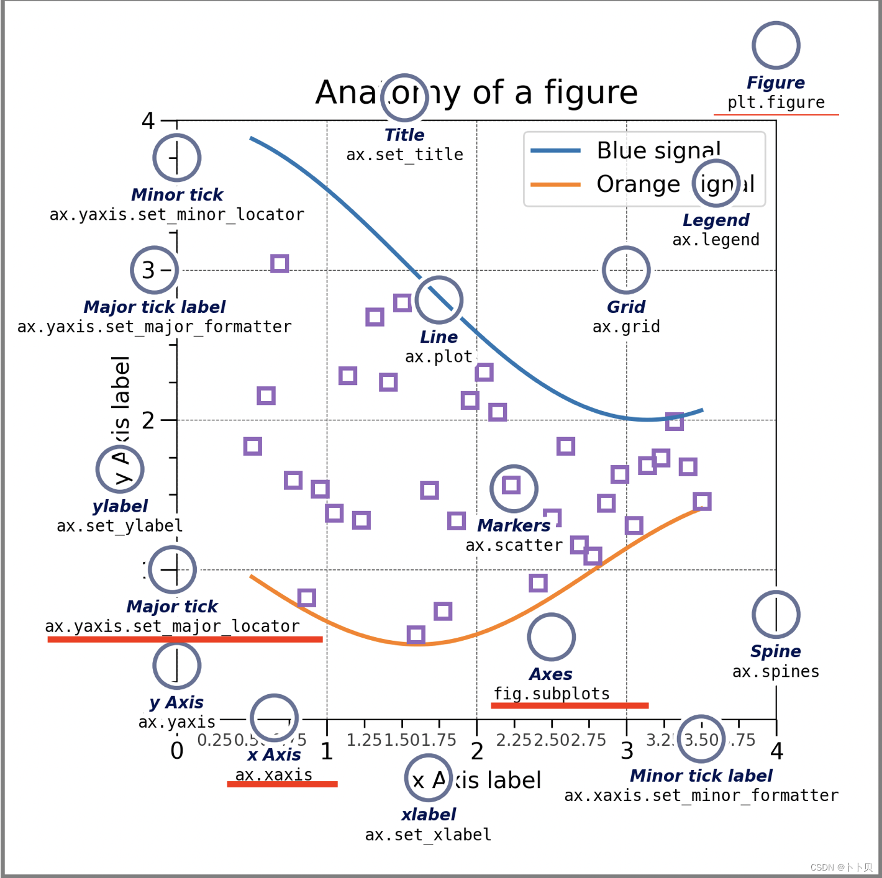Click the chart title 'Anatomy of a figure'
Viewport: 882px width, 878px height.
[476, 93]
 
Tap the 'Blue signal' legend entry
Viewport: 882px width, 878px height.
[658, 151]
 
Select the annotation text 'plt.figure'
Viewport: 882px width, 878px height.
[776, 102]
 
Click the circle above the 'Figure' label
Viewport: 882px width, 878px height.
[776, 45]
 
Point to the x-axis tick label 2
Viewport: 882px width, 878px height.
[476, 752]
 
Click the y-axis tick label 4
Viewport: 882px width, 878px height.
[148, 120]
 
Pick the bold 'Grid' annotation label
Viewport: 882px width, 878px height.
[625, 307]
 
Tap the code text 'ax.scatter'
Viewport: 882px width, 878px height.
[514, 545]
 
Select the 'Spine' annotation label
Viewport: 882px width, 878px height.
[775, 651]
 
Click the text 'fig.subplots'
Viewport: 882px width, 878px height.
[552, 694]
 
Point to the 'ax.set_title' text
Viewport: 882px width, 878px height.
[404, 155]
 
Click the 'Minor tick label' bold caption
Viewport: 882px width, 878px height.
[701, 776]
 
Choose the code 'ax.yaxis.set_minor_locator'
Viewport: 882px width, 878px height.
[177, 215]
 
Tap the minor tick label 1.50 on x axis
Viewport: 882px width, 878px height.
[402, 740]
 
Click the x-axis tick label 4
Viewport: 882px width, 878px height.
[776, 752]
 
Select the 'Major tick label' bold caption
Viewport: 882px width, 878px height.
[155, 307]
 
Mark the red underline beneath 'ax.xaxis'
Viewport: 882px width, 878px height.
[282, 784]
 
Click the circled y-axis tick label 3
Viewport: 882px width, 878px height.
[148, 271]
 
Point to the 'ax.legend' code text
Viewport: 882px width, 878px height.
[716, 240]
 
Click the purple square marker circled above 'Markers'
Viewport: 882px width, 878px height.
[511, 485]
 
